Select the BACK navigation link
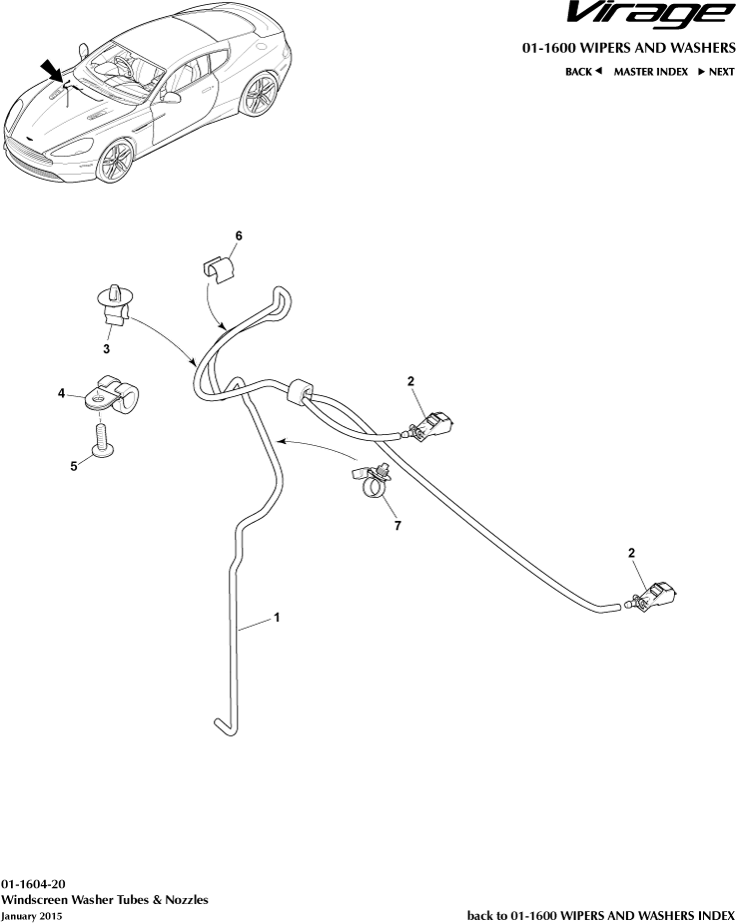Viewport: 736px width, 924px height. tap(583, 72)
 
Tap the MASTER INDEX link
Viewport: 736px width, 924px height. tap(650, 72)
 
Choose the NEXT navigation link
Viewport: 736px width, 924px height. tap(716, 72)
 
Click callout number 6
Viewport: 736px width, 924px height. tap(239, 235)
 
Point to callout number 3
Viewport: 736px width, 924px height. tap(106, 349)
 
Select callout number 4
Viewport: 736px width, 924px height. tap(62, 394)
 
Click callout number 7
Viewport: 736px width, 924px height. tap(397, 525)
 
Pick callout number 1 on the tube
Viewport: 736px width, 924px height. tap(277, 618)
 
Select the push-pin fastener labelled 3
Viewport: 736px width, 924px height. tap(117, 304)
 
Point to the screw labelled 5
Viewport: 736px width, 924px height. tap(102, 439)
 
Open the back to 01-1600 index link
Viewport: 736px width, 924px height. tap(600, 914)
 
